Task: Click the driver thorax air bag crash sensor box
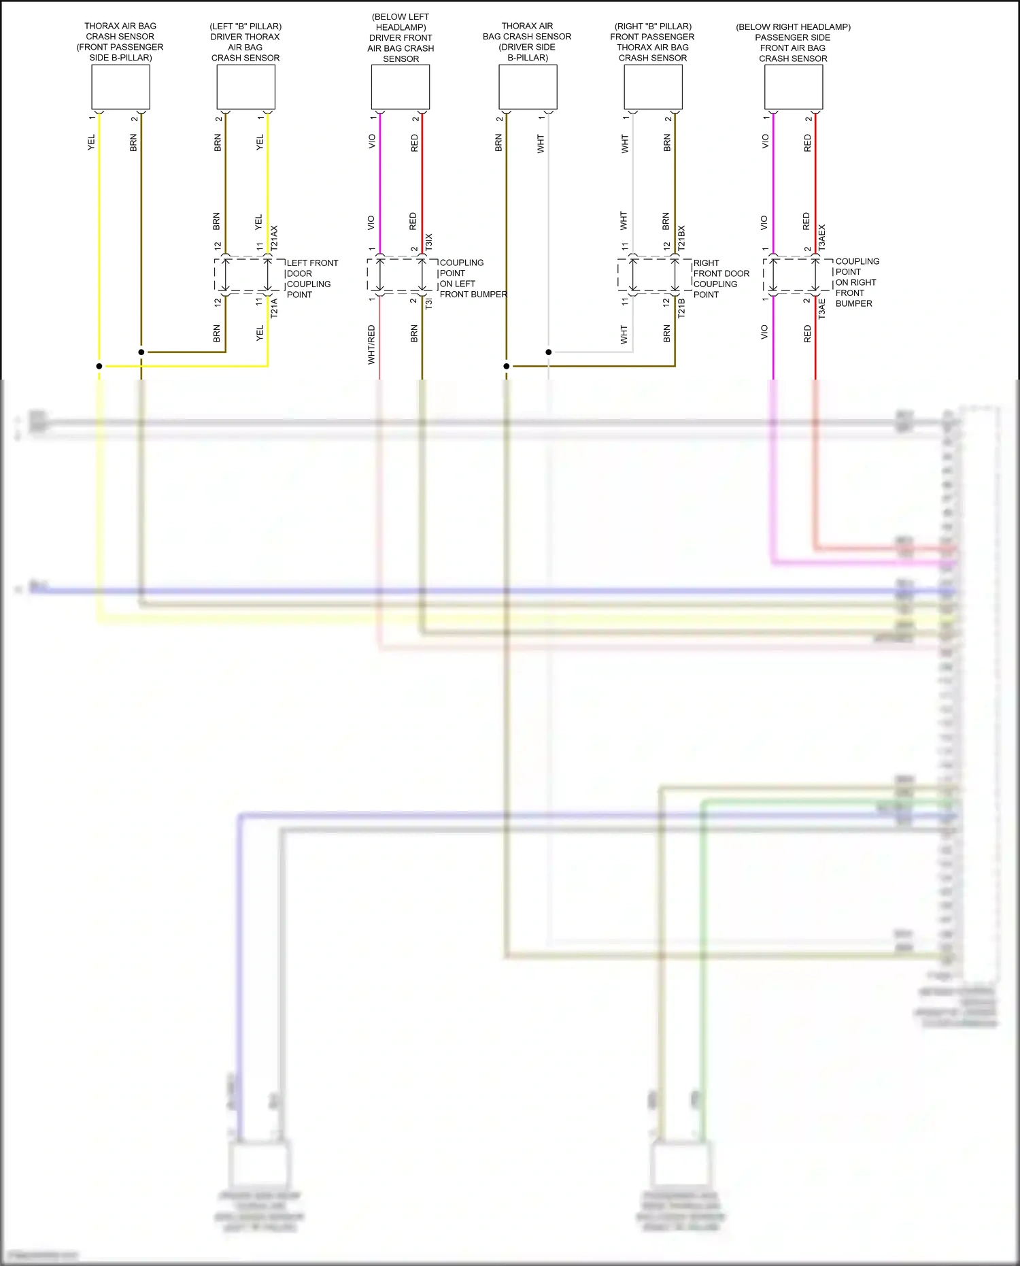245,87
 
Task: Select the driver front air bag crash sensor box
401,87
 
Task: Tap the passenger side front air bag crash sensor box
794,87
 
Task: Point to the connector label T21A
274,308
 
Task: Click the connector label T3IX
428,241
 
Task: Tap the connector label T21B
681,308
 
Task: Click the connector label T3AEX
821,237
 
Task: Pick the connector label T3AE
821,309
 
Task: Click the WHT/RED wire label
371,344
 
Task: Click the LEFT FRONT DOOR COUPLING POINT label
312,279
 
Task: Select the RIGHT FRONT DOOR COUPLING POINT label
721,279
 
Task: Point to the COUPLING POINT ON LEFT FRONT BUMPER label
473,278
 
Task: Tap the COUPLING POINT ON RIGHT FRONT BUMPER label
856,282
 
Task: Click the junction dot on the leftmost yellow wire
99,366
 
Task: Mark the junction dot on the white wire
549,352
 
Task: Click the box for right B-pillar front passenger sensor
653,87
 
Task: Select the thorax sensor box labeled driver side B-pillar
528,87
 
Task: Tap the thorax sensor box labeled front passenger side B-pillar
120,87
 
